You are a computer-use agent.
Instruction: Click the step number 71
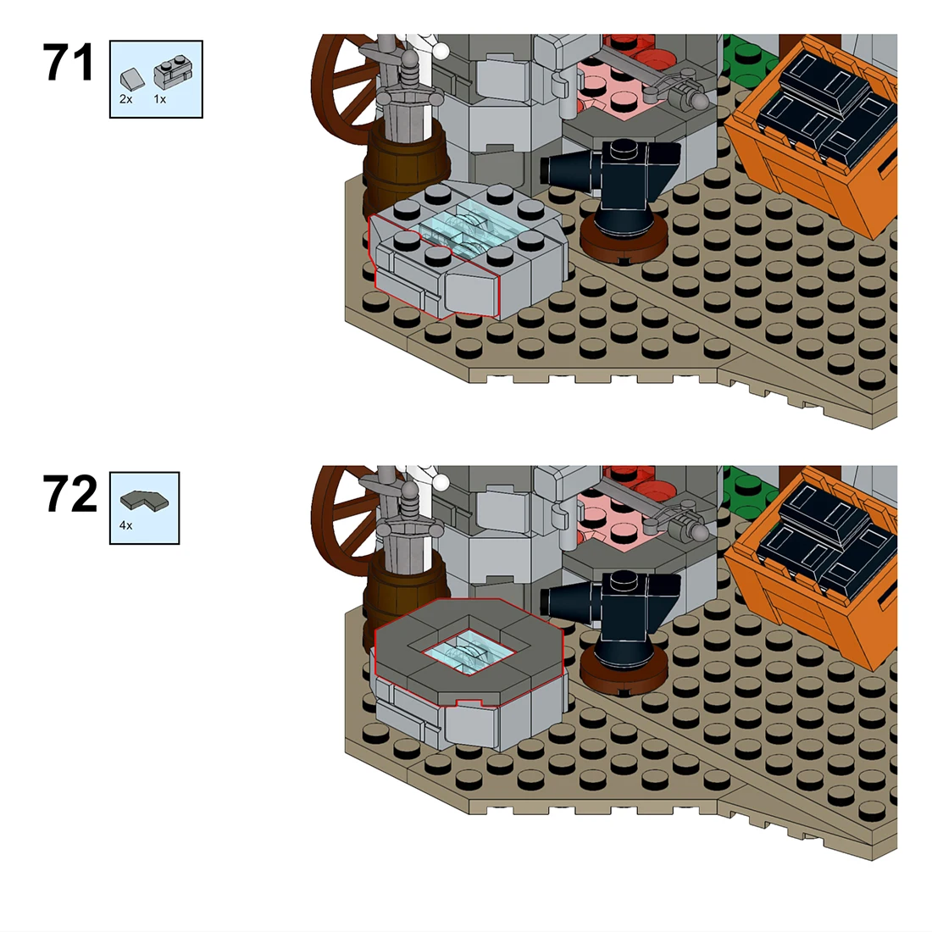click(69, 63)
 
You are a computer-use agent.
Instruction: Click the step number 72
click(69, 494)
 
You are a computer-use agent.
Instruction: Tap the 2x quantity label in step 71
click(126, 99)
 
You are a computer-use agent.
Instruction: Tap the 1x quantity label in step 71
click(160, 99)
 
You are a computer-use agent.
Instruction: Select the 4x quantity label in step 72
click(126, 525)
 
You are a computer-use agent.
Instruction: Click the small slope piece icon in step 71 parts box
click(132, 79)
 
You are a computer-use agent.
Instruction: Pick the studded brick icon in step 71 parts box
click(173, 75)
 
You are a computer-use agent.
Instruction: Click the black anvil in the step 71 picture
click(613, 177)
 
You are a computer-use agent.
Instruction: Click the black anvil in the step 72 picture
click(613, 609)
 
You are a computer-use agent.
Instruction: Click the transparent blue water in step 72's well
click(468, 653)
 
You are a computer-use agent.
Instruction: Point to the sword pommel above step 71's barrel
click(410, 58)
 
